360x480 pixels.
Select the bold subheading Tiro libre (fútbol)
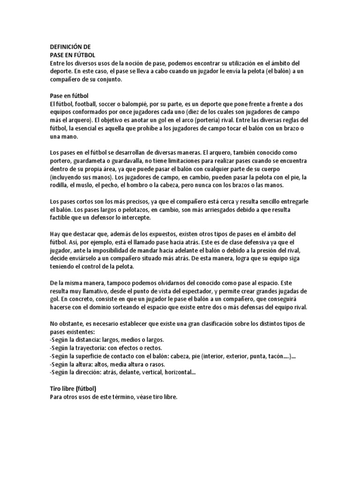click(73, 389)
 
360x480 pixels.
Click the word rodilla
click(60, 185)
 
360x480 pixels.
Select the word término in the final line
click(123, 397)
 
